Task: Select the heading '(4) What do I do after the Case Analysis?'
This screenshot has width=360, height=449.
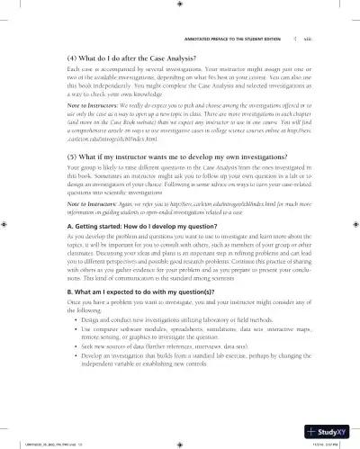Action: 116,57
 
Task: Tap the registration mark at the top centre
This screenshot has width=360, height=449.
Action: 180,4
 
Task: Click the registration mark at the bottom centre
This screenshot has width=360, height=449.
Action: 180,442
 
